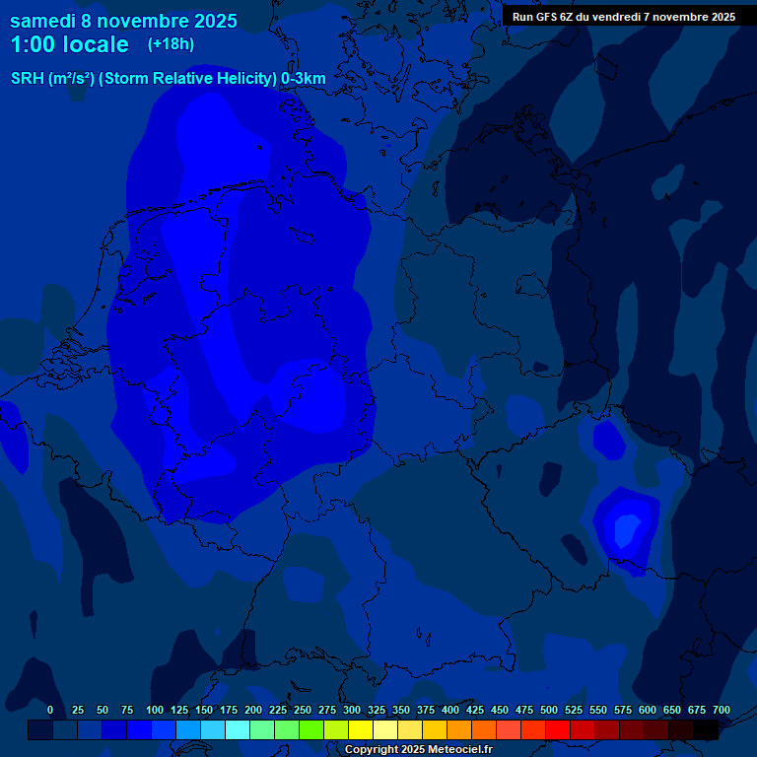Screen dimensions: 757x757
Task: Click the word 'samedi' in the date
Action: pyautogui.click(x=43, y=21)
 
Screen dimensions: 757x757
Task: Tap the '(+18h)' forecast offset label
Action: pyautogui.click(x=171, y=43)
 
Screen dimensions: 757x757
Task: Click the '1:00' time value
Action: pyautogui.click(x=33, y=44)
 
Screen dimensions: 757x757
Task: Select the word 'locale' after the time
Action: pyautogui.click(x=97, y=44)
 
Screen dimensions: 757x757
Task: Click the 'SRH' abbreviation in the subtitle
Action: pyautogui.click(x=27, y=78)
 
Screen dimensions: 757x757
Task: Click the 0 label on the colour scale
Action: pyautogui.click(x=50, y=710)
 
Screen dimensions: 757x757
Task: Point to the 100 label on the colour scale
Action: pyautogui.click(x=155, y=710)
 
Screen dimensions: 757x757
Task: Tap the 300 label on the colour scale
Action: pyautogui.click(x=352, y=710)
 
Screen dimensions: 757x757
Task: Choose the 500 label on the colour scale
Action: pyautogui.click(x=549, y=710)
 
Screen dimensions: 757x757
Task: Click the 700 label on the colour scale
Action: pyautogui.click(x=722, y=710)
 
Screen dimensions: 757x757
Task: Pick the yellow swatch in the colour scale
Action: pyautogui.click(x=361, y=729)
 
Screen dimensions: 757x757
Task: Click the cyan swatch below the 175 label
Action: pyautogui.click(x=238, y=729)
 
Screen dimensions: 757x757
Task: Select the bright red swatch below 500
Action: pyautogui.click(x=558, y=729)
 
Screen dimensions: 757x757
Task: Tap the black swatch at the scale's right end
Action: pyautogui.click(x=706, y=729)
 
